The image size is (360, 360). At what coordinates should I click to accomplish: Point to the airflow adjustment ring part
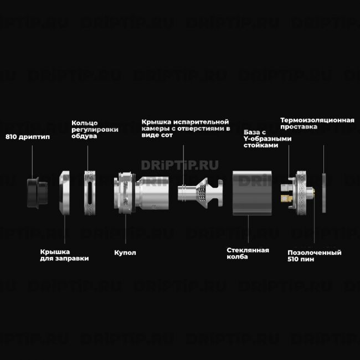tap(90, 192)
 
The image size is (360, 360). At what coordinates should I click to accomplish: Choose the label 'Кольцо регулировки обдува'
tap(95, 129)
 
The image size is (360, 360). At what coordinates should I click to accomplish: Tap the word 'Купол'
tap(125, 252)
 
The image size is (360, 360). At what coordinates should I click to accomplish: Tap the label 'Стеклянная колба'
tap(248, 253)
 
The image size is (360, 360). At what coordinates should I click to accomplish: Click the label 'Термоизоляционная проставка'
tap(317, 123)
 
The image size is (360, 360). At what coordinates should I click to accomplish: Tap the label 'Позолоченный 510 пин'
tap(314, 255)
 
